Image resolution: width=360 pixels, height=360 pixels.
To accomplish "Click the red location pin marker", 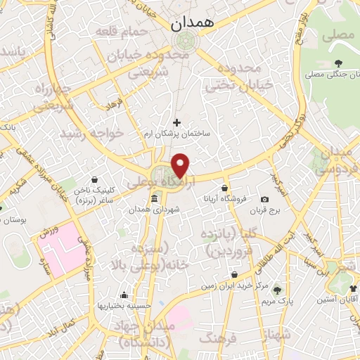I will coord(181,166).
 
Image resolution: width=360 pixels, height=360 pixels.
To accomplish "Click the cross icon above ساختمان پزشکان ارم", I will coord(176,122).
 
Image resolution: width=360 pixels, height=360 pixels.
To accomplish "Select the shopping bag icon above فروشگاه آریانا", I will coord(224,188).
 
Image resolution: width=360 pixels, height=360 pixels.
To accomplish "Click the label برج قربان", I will coord(264,210).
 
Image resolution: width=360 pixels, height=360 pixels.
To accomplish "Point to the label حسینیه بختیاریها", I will coord(120,306).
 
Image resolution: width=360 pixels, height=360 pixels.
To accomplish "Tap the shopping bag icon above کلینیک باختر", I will coord(94,179).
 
